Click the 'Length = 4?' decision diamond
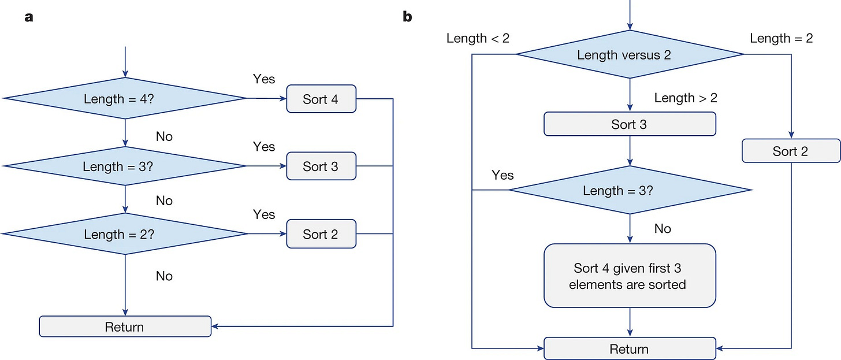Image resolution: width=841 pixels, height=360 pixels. coord(125,98)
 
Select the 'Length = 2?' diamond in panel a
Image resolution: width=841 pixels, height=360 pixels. coord(125,233)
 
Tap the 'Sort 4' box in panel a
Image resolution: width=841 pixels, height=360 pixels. coord(321,99)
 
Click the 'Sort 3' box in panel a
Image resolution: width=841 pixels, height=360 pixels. coord(321,166)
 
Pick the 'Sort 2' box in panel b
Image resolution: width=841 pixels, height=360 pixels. coord(791,151)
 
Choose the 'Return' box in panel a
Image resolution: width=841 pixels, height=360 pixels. coord(125,326)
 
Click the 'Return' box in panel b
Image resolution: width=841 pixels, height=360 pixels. coord(630,348)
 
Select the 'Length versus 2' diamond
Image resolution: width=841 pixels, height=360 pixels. coord(630,54)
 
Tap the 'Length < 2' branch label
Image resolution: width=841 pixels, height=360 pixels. coord(478,38)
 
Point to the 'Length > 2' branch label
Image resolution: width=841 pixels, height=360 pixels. coord(686,98)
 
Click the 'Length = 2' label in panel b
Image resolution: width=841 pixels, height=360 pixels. coord(782,38)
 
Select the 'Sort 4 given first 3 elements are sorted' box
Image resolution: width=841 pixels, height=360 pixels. coord(630,276)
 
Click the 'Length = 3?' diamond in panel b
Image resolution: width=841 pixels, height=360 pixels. coord(630,190)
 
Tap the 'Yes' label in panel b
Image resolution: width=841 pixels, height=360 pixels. coord(503,175)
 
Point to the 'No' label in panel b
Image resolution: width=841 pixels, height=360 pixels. coord(663,228)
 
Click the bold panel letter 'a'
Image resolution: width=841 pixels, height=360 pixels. coord(28,17)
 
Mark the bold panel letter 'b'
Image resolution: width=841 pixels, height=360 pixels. coord(407,16)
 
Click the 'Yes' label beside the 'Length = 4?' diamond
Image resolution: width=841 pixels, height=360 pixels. coord(263,79)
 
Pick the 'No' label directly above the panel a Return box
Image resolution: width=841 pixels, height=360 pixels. coord(164,276)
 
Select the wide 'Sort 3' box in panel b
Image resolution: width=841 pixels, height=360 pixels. coord(630,124)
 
